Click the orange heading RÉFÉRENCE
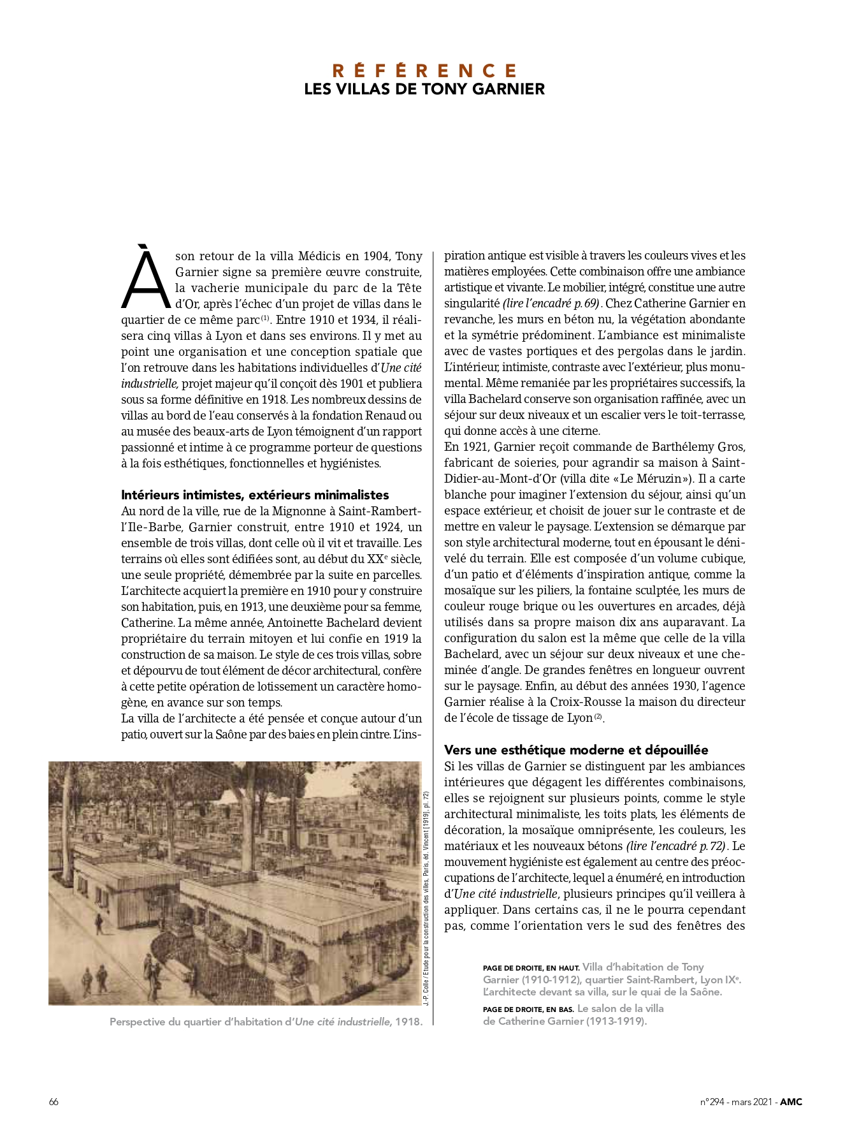click(424, 70)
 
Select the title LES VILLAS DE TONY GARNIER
click(424, 89)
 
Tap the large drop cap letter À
click(146, 278)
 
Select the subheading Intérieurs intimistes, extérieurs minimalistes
click(255, 495)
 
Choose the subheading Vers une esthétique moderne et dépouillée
click(576, 750)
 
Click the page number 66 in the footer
click(54, 1102)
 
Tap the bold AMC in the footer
click(791, 1102)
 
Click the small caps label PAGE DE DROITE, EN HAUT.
click(531, 968)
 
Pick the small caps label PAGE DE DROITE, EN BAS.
click(528, 1009)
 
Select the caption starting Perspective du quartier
click(266, 1022)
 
